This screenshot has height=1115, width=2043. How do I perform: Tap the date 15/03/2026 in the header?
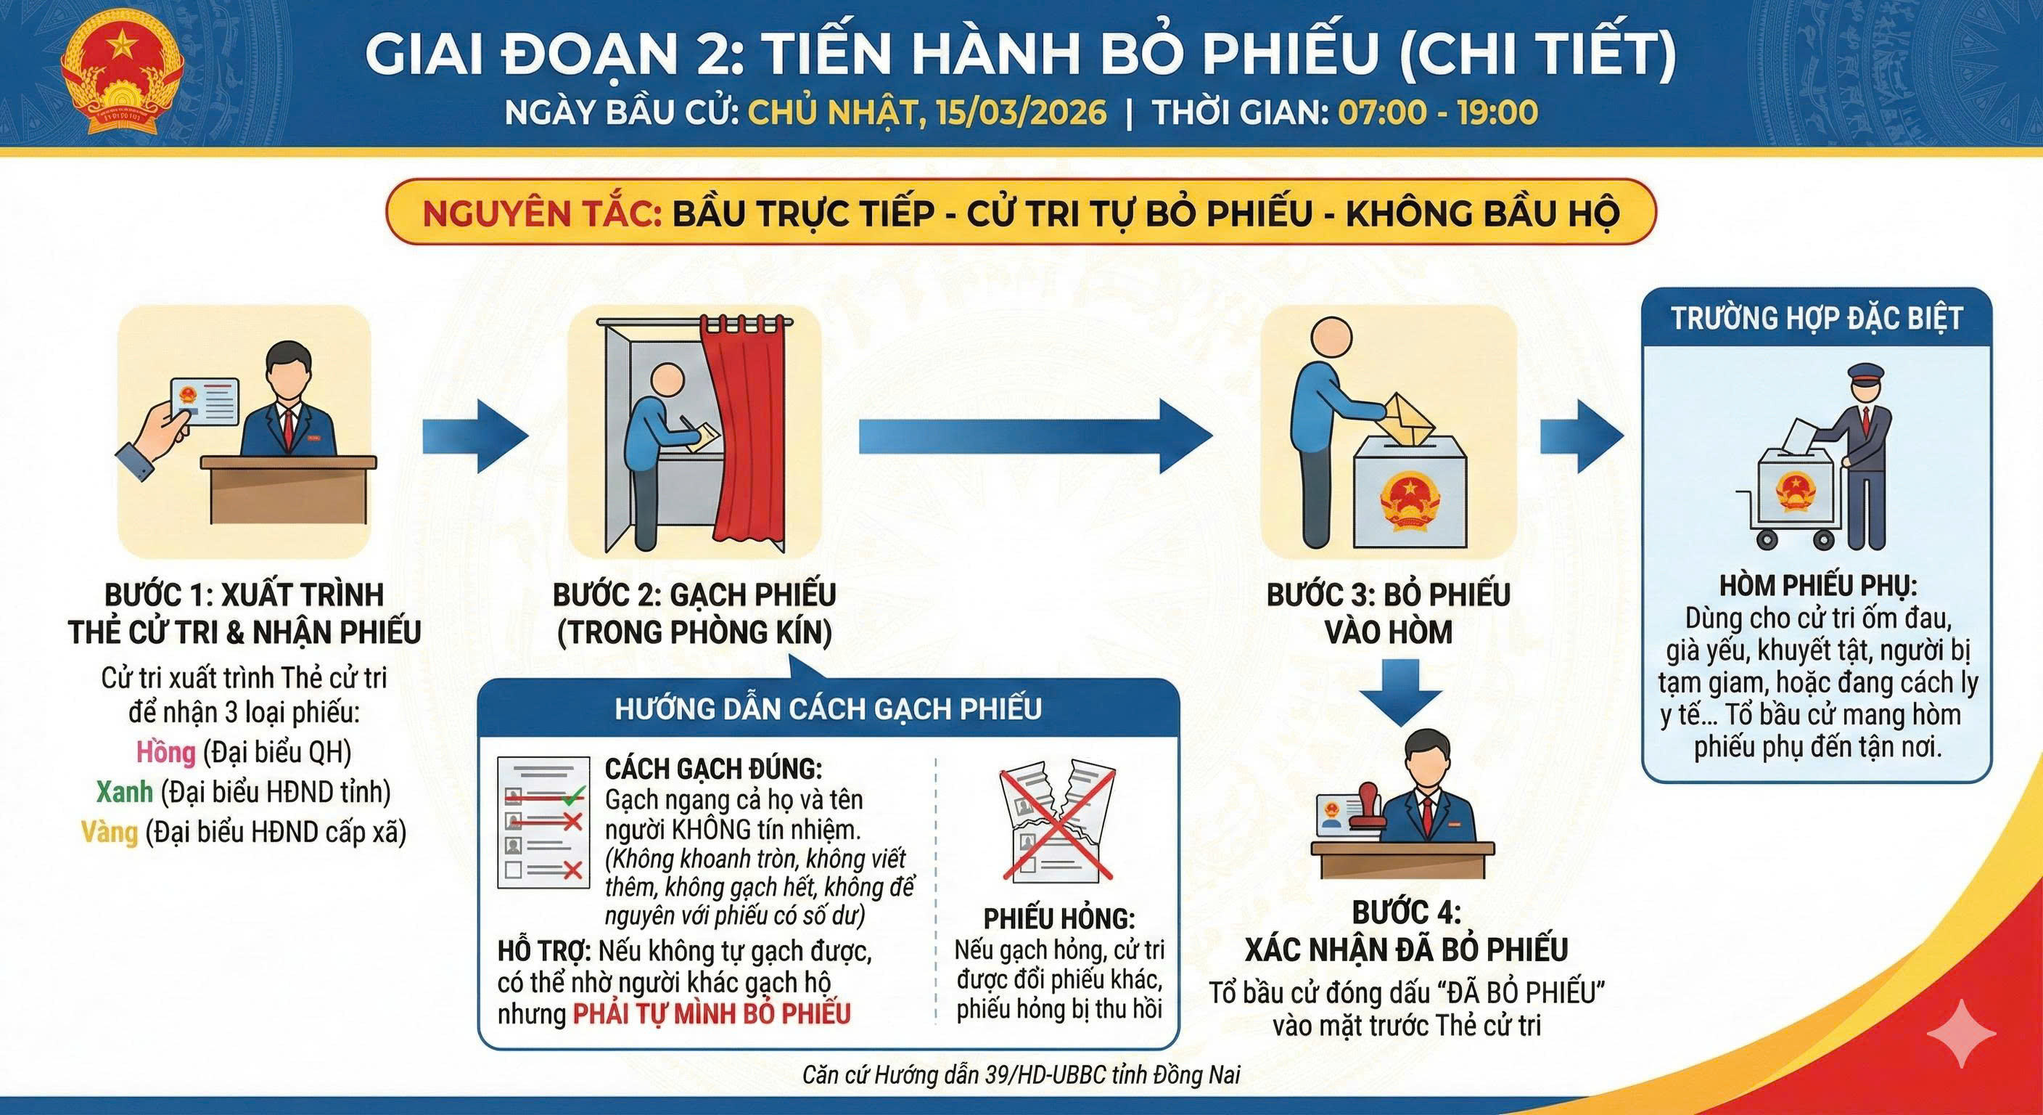click(1021, 112)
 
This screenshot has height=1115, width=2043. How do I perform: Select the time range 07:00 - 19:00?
click(1439, 112)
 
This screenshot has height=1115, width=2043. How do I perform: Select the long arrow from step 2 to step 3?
click(1036, 436)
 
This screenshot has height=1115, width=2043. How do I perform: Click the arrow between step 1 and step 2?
click(475, 436)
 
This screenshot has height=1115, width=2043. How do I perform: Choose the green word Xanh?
click(125, 792)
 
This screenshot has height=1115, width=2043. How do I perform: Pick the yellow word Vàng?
click(110, 832)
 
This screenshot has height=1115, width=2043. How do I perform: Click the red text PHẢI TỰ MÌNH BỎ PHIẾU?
click(712, 1014)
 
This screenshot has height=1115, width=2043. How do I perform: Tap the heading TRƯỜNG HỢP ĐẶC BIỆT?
click(1816, 318)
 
